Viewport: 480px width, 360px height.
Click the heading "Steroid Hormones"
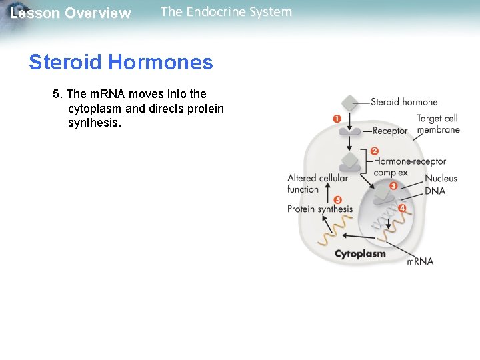click(121, 63)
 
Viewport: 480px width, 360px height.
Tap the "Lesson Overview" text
click(71, 13)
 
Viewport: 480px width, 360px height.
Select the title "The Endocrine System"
click(226, 12)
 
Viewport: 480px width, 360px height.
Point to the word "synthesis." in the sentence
click(95, 123)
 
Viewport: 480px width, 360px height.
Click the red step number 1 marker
click(337, 119)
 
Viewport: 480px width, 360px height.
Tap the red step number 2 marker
click(374, 151)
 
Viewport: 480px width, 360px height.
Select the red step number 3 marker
click(393, 186)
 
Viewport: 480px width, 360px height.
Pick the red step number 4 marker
click(401, 208)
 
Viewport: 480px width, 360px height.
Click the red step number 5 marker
click(337, 199)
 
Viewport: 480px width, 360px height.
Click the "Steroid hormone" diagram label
click(404, 102)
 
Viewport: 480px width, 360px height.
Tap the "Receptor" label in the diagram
click(390, 131)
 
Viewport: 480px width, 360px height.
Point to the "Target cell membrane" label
click(438, 124)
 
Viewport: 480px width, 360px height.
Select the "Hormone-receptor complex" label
click(409, 167)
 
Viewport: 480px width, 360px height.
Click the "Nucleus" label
click(441, 179)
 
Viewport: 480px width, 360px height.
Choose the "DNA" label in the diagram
click(435, 191)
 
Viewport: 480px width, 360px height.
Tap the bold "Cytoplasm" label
click(360, 254)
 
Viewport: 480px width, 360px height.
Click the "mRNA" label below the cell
click(420, 261)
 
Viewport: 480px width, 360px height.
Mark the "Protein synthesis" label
click(320, 209)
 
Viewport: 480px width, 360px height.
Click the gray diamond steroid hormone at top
click(350, 103)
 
